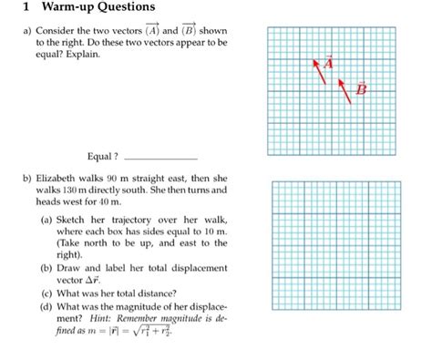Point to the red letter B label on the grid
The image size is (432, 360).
361,88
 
